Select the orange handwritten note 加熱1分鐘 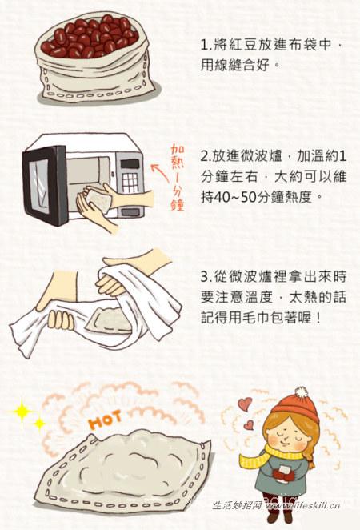tap(178, 176)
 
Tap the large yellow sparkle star tap(22, 412)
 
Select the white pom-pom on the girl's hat tap(301, 393)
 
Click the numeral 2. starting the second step tap(205, 155)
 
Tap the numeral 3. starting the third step tap(205, 277)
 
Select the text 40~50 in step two tap(244, 194)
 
